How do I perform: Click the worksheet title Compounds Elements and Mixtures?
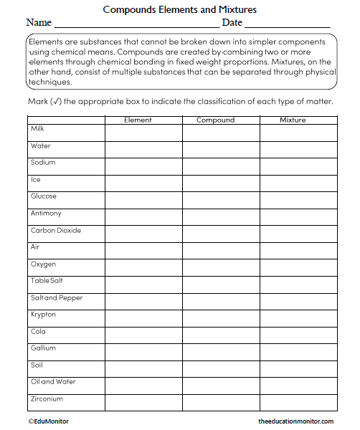[179, 9]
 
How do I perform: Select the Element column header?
[138, 120]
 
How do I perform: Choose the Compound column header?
[215, 120]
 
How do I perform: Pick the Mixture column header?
[293, 120]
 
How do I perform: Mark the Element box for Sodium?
[143, 166]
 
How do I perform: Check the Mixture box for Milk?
[298, 133]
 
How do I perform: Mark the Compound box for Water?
[220, 149]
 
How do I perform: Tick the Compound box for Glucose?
[220, 200]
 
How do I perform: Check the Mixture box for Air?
[298, 251]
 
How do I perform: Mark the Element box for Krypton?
[143, 318]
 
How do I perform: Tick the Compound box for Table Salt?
[220, 285]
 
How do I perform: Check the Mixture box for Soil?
[298, 369]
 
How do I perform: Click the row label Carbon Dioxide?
[56, 231]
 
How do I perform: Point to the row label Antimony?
[46, 214]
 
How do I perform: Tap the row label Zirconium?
[47, 398]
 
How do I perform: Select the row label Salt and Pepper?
[57, 297]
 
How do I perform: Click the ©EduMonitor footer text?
[49, 421]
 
